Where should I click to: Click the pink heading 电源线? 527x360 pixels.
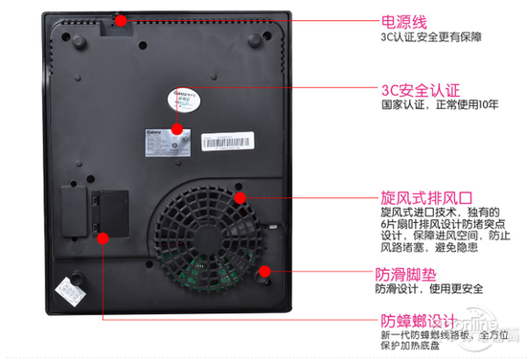coord(405,19)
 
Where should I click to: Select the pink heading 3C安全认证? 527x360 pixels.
coord(420,90)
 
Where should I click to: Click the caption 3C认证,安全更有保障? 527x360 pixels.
coord(429,39)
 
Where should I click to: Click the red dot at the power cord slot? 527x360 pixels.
coord(119,17)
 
